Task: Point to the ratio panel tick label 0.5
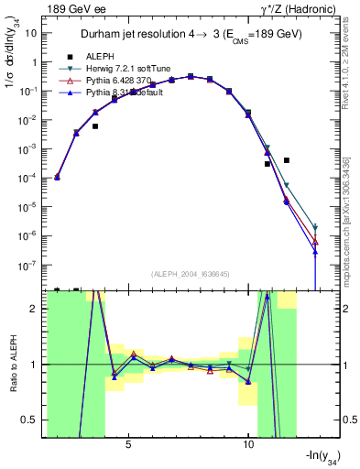(x=33, y=420)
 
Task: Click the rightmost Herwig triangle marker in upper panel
(x=315, y=226)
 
